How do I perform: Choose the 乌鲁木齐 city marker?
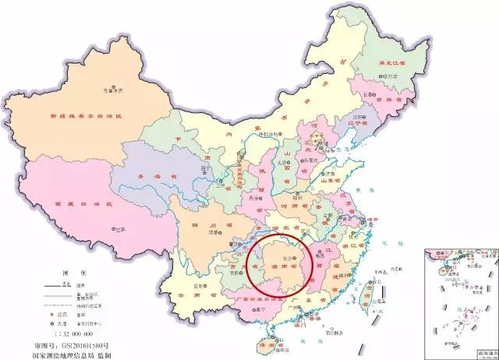(x=111, y=85)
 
